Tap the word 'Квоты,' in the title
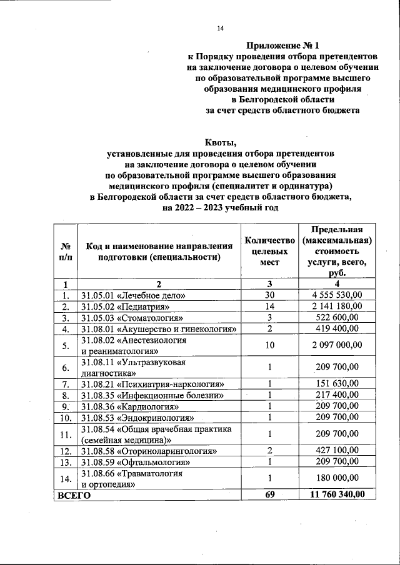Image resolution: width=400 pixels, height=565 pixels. [220, 141]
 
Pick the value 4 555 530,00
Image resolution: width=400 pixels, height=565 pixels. [337, 295]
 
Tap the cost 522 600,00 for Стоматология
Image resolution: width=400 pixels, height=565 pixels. [337, 317]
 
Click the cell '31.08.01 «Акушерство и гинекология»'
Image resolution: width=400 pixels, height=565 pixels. [159, 328]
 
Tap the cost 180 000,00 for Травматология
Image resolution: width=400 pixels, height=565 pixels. [337, 478]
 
